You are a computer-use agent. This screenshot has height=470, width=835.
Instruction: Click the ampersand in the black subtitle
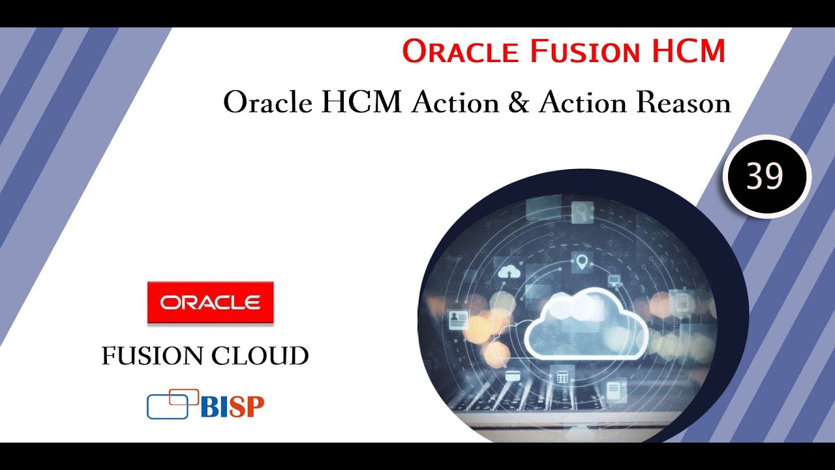(x=517, y=103)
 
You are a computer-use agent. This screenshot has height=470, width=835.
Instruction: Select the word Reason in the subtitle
(x=682, y=103)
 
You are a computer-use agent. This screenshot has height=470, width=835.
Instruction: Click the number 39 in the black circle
(x=766, y=176)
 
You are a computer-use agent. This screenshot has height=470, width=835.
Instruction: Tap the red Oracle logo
(x=210, y=302)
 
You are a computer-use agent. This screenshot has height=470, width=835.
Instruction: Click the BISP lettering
(x=232, y=407)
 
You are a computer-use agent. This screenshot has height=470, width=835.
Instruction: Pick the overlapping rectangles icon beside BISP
(x=173, y=403)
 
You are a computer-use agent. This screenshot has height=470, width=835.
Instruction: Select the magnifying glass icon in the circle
(x=581, y=210)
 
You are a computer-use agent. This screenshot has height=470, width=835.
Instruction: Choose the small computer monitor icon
(x=614, y=280)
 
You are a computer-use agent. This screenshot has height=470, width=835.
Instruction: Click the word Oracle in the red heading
(x=461, y=51)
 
